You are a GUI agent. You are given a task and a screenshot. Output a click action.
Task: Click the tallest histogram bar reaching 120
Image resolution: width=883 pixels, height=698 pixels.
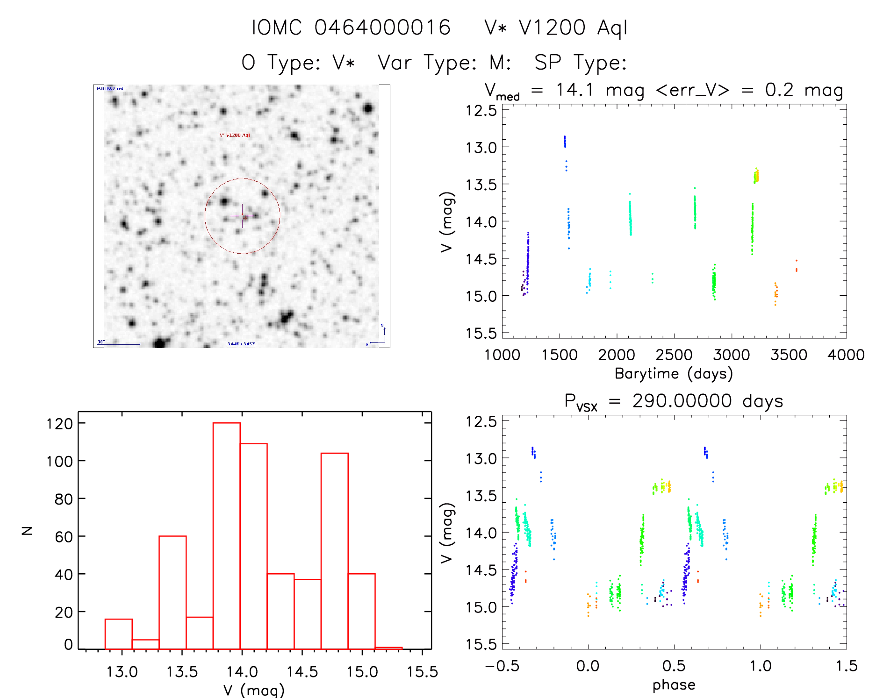(227, 535)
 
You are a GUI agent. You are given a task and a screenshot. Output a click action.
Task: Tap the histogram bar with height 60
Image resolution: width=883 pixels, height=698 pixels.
(172, 592)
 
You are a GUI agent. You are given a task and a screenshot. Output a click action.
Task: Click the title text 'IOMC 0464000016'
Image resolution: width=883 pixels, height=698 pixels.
(351, 28)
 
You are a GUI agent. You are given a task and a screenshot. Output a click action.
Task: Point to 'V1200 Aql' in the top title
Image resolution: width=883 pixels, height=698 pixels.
(573, 28)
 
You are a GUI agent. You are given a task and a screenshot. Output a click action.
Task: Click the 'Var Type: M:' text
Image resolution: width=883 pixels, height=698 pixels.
(444, 63)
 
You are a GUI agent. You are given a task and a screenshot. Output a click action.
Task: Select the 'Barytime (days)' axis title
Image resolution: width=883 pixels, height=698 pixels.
(674, 374)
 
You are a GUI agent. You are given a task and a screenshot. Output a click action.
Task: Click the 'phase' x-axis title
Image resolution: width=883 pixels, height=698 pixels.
(674, 685)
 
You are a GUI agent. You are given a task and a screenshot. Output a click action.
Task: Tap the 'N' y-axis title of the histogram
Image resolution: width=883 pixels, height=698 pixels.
(28, 530)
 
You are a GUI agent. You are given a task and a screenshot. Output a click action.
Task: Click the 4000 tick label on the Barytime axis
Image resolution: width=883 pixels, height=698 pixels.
(846, 355)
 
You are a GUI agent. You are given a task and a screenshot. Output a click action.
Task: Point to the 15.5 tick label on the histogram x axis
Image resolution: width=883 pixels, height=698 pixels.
(422, 672)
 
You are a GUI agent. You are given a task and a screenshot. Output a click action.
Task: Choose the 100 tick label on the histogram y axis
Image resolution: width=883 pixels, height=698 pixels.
(59, 462)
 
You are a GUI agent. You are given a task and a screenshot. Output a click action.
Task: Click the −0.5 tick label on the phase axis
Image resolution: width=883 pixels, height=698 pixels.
(502, 666)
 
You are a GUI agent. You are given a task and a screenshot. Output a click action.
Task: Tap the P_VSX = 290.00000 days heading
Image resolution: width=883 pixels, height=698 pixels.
(674, 401)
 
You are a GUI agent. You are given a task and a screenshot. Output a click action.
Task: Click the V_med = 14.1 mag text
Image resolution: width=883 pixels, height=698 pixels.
(563, 90)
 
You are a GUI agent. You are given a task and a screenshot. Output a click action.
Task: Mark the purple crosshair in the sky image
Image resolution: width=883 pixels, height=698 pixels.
(242, 216)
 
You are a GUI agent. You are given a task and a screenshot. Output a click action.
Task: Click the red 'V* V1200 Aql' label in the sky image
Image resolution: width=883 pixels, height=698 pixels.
(235, 135)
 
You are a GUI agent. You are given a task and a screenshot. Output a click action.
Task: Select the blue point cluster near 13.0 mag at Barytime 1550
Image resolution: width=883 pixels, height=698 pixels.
(565, 141)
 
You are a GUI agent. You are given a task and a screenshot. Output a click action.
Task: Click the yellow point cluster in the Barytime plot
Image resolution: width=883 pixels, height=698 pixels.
(756, 176)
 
